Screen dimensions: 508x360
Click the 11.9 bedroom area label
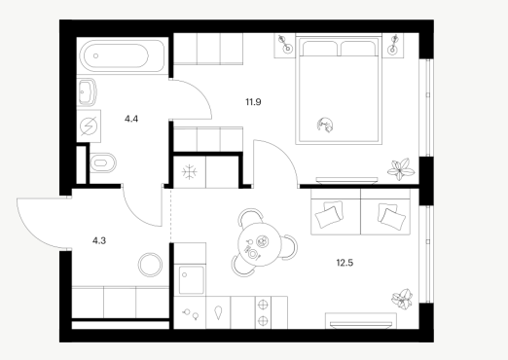pyautogui.click(x=253, y=102)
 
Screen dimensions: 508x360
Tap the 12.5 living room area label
pyautogui.click(x=345, y=263)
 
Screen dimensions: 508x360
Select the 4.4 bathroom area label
pyautogui.click(x=131, y=119)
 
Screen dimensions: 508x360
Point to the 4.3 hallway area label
pyautogui.click(x=99, y=240)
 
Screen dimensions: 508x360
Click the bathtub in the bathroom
pyautogui.click(x=122, y=55)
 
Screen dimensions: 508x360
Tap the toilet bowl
pyautogui.click(x=103, y=162)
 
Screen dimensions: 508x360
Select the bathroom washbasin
pyautogui.click(x=87, y=92)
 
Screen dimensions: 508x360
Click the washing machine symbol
pyautogui.click(x=89, y=126)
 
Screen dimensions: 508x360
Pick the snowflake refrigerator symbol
pyautogui.click(x=190, y=172)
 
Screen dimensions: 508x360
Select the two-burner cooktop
pyautogui.click(x=263, y=312)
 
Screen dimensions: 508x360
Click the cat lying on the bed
pyautogui.click(x=326, y=125)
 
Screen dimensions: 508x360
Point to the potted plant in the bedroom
pyautogui.click(x=401, y=168)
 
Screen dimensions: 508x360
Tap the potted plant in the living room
pyautogui.click(x=402, y=299)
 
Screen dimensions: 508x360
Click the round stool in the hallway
pyautogui.click(x=150, y=265)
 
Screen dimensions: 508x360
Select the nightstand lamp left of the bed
pyautogui.click(x=284, y=45)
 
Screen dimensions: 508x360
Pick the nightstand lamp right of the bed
pyautogui.click(x=393, y=45)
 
